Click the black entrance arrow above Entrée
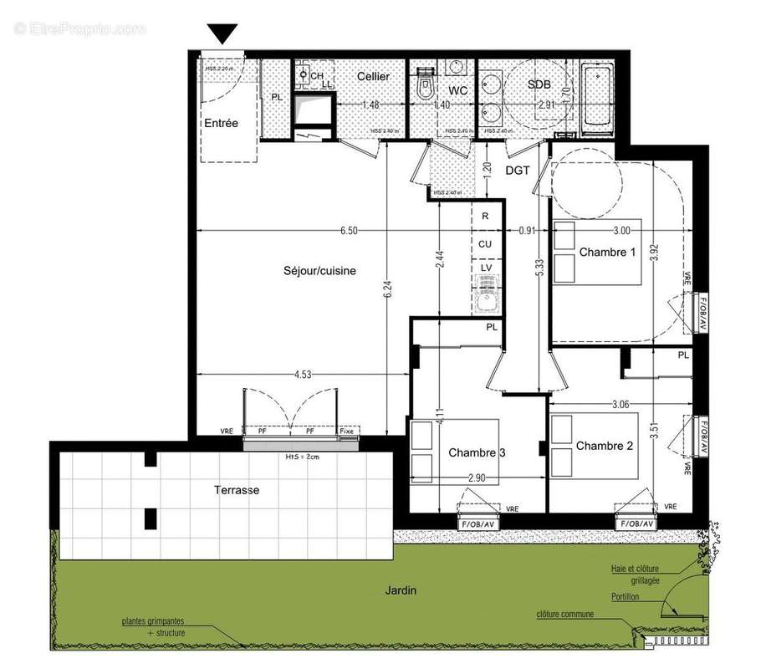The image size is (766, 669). tap(222, 34)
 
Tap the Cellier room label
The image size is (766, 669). tap(373, 77)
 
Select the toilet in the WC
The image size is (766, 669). tap(424, 85)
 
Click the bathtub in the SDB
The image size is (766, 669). tap(598, 97)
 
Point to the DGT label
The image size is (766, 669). tap(518, 170)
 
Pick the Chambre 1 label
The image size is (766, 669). tap(607, 252)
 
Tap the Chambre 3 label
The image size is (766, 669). tap(477, 452)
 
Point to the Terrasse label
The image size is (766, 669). tap(235, 490)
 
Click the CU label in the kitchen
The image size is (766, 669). tap(485, 243)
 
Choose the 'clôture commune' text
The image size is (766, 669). tap(565, 615)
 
